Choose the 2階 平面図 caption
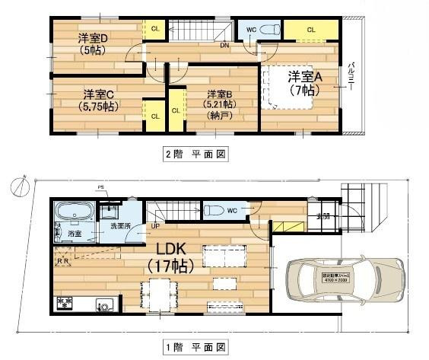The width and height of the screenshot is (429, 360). (196, 154)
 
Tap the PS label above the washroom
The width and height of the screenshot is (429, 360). (100, 186)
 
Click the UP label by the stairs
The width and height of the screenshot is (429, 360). (157, 226)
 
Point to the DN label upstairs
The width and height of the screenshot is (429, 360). (225, 45)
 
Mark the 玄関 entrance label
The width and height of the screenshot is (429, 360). (323, 215)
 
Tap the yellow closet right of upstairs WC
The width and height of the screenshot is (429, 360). (311, 30)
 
